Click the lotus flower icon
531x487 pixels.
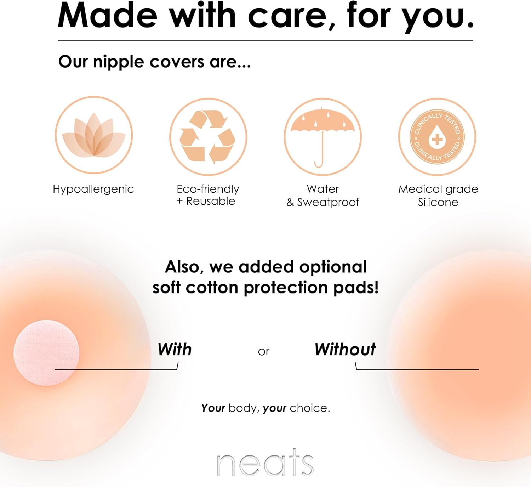94,135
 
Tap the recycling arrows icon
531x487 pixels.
208,137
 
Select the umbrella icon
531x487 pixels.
322,136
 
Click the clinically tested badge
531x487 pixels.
437,137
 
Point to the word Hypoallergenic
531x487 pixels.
93,189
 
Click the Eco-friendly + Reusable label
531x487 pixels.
208,195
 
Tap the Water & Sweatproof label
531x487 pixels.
322,196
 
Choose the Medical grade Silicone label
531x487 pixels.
438,196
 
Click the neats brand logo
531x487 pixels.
265,463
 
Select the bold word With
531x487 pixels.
175,350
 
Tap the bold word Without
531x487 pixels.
345,350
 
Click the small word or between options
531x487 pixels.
264,352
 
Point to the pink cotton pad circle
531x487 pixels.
46,353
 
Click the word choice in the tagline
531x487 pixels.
309,408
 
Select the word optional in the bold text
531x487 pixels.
333,267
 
